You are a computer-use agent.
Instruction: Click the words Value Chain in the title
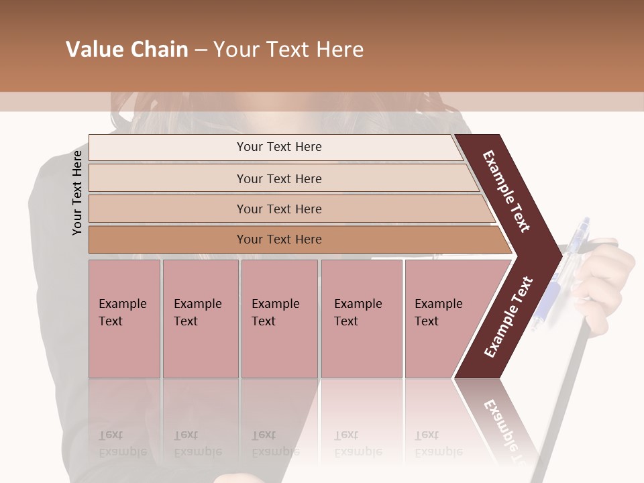pyautogui.click(x=127, y=50)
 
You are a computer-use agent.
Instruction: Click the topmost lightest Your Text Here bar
pyautogui.click(x=278, y=147)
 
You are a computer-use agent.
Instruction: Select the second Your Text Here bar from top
pyautogui.click(x=278, y=178)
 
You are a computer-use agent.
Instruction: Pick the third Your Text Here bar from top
pyautogui.click(x=278, y=209)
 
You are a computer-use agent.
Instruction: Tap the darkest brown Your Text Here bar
pyautogui.click(x=278, y=239)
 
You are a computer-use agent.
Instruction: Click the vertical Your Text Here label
pyautogui.click(x=77, y=193)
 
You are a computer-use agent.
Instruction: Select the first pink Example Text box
pyautogui.click(x=124, y=319)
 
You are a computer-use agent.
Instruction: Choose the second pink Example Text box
pyautogui.click(x=200, y=319)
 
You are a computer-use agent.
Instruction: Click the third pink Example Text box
pyautogui.click(x=278, y=319)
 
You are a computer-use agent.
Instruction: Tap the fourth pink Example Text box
pyautogui.click(x=361, y=319)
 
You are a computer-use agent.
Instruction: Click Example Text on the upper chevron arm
pyautogui.click(x=506, y=191)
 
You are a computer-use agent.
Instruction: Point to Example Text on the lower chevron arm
pyautogui.click(x=508, y=317)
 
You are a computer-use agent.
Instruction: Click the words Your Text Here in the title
pyautogui.click(x=288, y=50)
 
